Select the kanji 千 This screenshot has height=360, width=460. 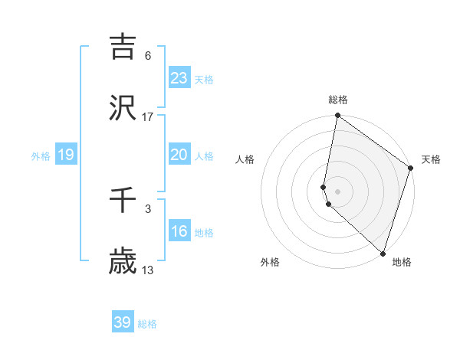(x=123, y=201)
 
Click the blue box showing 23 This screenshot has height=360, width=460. (x=179, y=78)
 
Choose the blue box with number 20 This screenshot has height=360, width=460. (x=179, y=155)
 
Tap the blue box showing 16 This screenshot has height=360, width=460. (x=179, y=231)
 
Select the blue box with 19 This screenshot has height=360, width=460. (x=65, y=155)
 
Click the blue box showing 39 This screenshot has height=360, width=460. (x=123, y=322)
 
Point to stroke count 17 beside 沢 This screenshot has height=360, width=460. (x=148, y=116)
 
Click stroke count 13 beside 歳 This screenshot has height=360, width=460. (x=148, y=270)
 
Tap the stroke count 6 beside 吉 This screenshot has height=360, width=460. (x=148, y=55)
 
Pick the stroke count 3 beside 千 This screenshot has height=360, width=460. (x=148, y=208)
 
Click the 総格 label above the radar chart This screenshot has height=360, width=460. (x=338, y=100)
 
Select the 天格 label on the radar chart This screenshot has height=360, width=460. (x=431, y=159)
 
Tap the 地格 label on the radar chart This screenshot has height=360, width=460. (x=402, y=262)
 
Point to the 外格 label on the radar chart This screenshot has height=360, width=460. (x=270, y=262)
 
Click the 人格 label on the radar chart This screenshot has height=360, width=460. (x=245, y=159)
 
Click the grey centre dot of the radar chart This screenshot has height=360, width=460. (x=338, y=191)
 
